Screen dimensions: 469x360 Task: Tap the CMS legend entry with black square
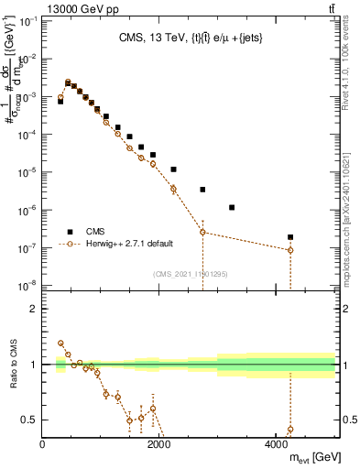pyautogui.click(x=89, y=232)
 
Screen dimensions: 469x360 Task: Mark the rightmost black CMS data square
pyautogui.click(x=290, y=237)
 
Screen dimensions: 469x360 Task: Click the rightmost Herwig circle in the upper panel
pyautogui.click(x=290, y=250)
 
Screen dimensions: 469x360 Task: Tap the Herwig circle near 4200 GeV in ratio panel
pyautogui.click(x=290, y=429)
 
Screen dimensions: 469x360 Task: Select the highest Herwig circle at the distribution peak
pyautogui.click(x=68, y=82)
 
